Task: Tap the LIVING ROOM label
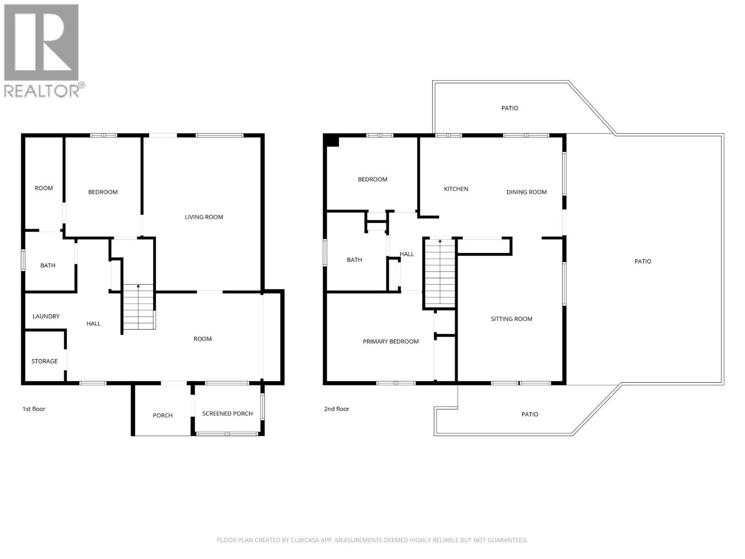click(x=204, y=217)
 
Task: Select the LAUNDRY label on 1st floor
click(x=46, y=316)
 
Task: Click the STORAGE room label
click(x=45, y=361)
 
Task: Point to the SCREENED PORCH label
click(x=227, y=414)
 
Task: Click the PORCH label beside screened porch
click(x=163, y=416)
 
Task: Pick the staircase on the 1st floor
click(x=138, y=307)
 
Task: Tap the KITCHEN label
click(x=456, y=189)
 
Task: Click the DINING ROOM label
click(x=527, y=192)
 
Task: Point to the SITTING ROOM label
click(x=511, y=319)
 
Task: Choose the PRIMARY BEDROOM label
click(x=391, y=341)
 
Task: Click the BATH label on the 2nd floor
click(x=354, y=260)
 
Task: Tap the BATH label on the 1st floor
click(x=47, y=266)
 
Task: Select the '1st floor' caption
click(x=34, y=409)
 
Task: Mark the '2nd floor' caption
click(x=337, y=409)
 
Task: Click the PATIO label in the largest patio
click(x=643, y=261)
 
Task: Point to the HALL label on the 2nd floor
click(x=406, y=254)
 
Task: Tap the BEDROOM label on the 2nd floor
click(x=372, y=179)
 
